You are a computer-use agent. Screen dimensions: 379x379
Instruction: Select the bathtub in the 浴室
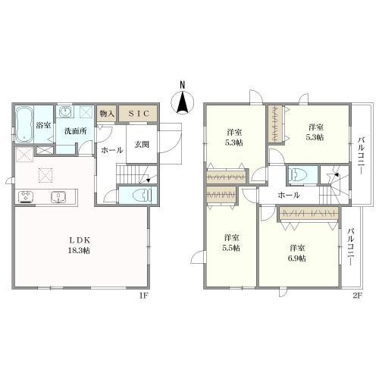[23, 121]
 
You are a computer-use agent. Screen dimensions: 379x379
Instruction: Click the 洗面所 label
[74, 131]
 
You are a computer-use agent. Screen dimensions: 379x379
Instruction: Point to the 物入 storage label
[106, 113]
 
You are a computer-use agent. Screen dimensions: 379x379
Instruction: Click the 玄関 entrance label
[143, 144]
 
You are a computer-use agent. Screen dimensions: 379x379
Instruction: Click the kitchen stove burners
[26, 197]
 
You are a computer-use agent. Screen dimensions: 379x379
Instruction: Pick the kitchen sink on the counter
[57, 197]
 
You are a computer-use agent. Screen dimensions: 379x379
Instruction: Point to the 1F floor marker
[142, 296]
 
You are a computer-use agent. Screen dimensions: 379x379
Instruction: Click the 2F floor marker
[357, 296]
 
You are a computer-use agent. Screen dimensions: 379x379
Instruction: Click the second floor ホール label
[287, 195]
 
